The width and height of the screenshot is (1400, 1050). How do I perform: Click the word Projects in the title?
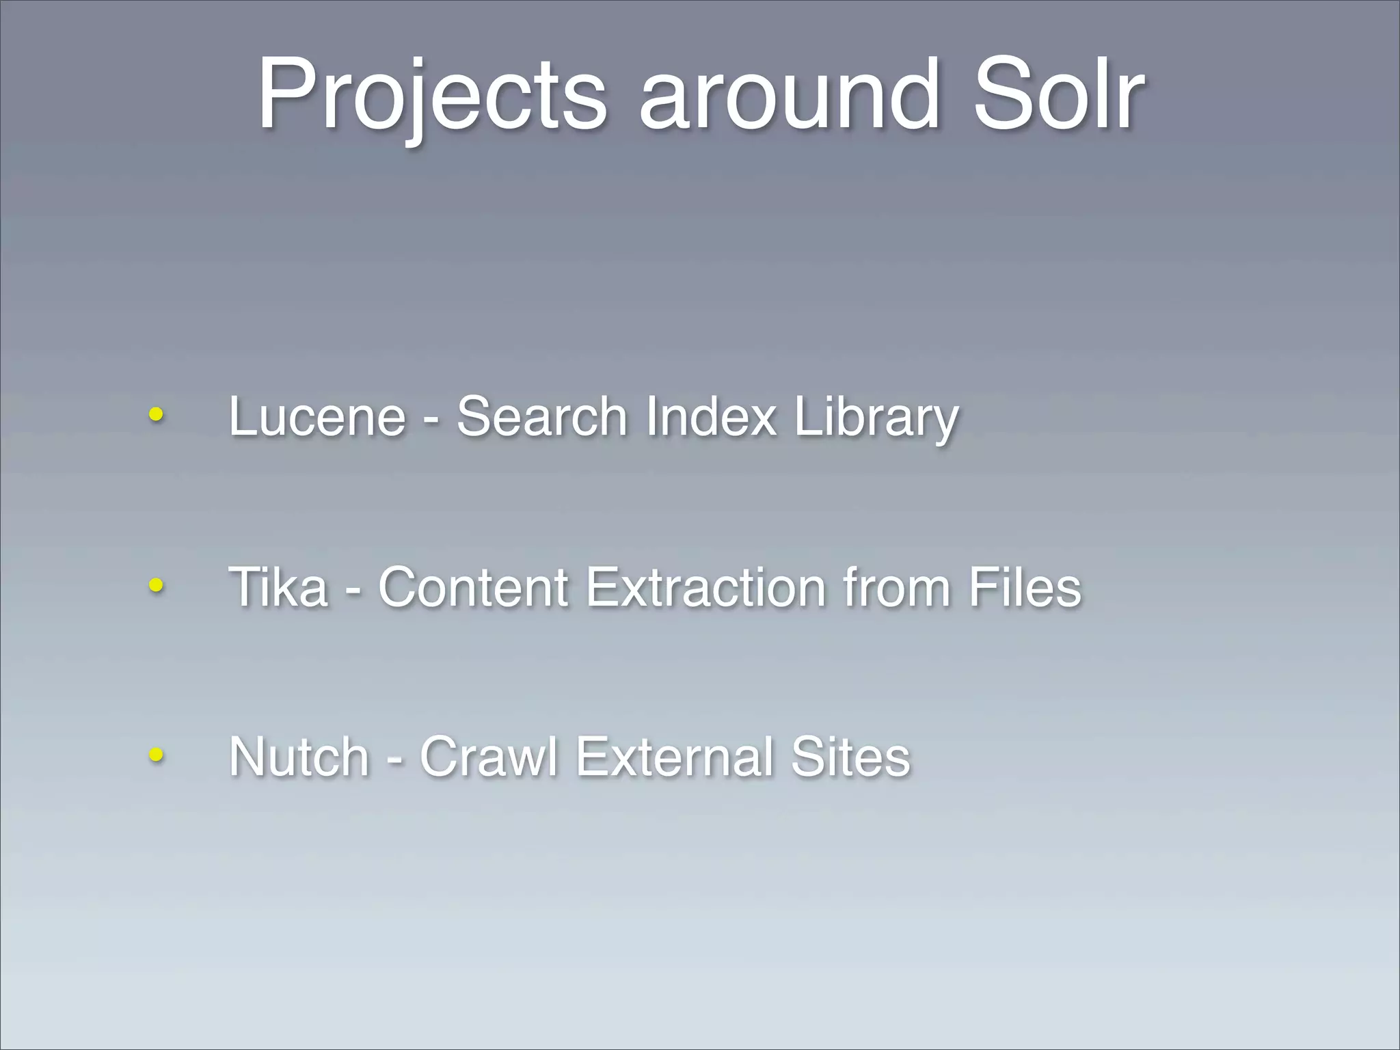point(431,95)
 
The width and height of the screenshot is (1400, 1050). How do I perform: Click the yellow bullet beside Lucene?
point(157,414)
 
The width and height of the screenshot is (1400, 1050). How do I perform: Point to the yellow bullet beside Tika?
point(157,585)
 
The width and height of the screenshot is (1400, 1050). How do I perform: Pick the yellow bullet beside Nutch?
point(157,755)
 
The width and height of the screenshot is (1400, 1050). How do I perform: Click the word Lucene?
point(317,416)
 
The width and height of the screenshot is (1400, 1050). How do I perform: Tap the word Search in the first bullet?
point(542,416)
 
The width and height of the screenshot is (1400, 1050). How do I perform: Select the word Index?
point(711,416)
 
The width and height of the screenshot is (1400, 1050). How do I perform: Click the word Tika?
point(278,587)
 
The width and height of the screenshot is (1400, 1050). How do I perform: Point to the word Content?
point(473,587)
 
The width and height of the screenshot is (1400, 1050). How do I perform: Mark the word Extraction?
point(706,587)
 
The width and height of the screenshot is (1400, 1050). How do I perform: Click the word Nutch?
point(299,756)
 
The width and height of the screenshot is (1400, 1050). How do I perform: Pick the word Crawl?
point(489,756)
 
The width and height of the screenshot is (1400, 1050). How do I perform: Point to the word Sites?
point(850,756)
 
